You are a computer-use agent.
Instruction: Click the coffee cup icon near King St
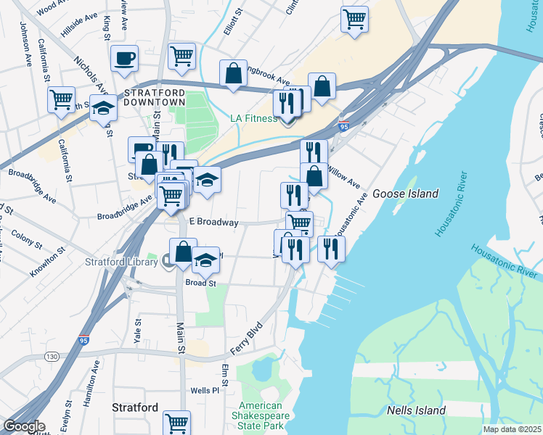tap(125, 58)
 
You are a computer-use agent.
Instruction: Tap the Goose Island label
tap(405, 194)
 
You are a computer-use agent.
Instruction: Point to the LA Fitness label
tap(253, 118)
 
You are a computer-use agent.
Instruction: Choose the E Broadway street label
tap(213, 223)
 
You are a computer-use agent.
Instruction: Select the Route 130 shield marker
tap(51, 357)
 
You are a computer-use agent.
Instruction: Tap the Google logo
tap(23, 426)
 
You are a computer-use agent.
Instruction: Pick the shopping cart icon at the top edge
tap(354, 19)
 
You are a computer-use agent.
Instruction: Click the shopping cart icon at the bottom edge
tap(176, 422)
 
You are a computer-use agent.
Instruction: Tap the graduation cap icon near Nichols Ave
tap(104, 108)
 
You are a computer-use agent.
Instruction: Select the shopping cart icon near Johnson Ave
tap(62, 99)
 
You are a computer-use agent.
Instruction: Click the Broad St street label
tap(201, 283)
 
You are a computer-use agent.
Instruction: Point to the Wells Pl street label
tap(205, 391)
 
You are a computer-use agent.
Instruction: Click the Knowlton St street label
tap(49, 265)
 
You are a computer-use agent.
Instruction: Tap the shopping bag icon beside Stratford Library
tap(183, 252)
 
